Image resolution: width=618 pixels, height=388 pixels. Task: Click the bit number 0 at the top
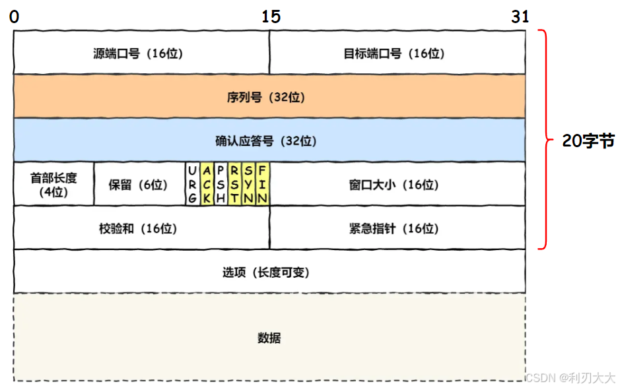pyautogui.click(x=15, y=17)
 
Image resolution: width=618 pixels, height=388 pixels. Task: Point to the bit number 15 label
pyautogui.click(x=271, y=17)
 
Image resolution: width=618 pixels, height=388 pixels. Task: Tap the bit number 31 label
pyautogui.click(x=520, y=17)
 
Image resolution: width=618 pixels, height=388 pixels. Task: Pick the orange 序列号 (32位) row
pyautogui.click(x=269, y=97)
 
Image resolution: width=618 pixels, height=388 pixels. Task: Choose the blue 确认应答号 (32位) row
pyautogui.click(x=269, y=141)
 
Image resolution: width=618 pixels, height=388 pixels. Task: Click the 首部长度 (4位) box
pyautogui.click(x=53, y=184)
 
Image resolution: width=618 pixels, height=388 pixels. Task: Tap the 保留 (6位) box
pyautogui.click(x=139, y=184)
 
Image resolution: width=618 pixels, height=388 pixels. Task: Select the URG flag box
pyautogui.click(x=192, y=184)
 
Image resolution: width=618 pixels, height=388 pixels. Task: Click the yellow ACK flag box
pyautogui.click(x=207, y=184)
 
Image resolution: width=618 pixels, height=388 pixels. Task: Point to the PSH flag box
pyautogui.click(x=221, y=184)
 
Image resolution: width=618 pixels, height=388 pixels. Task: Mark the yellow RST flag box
pyautogui.click(x=234, y=184)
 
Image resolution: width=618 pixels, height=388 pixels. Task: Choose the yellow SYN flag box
pyautogui.click(x=248, y=184)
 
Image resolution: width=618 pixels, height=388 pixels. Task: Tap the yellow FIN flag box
pyautogui.click(x=262, y=184)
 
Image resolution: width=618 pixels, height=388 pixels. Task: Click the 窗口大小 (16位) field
pyautogui.click(x=397, y=184)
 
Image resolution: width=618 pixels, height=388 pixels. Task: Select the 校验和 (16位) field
pyautogui.click(x=141, y=228)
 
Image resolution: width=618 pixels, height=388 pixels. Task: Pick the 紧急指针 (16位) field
pyautogui.click(x=397, y=228)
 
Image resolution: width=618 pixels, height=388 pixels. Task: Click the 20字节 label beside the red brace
pyautogui.click(x=588, y=141)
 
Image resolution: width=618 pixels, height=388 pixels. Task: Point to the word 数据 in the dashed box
pyautogui.click(x=269, y=338)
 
